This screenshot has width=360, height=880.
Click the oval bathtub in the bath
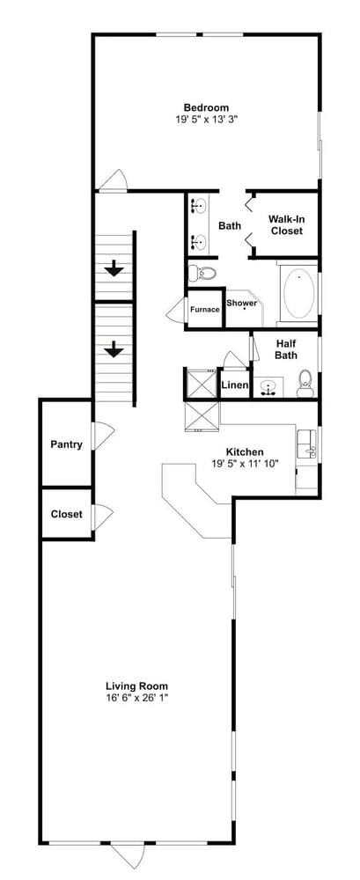pos(298,294)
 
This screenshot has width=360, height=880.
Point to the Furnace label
pos(205,310)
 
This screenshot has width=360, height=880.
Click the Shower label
pos(241,304)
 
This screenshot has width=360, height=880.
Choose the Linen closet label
pos(234,385)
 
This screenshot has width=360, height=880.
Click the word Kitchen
pos(244,451)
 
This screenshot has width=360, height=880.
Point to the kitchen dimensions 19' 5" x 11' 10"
pos(244,464)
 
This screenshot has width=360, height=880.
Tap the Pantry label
pos(67,444)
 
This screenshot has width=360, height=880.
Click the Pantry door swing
pos(103,436)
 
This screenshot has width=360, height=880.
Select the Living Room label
pos(136,686)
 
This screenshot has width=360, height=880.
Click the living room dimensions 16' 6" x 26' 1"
pos(136,698)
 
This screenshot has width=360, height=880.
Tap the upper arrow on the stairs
pos(114,268)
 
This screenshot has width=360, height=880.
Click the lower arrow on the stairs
pos(114,349)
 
